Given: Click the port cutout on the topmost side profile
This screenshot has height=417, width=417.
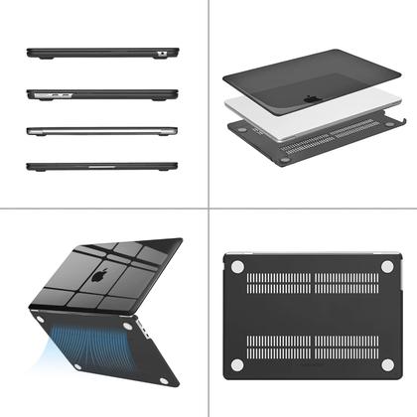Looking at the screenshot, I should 159,48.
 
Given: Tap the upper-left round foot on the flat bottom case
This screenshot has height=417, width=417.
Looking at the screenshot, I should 237,265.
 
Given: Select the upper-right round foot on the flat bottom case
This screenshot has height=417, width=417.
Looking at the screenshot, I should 384,265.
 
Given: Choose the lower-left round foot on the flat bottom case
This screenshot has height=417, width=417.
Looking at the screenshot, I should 238,364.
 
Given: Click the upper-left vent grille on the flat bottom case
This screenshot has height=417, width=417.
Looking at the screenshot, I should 272,283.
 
